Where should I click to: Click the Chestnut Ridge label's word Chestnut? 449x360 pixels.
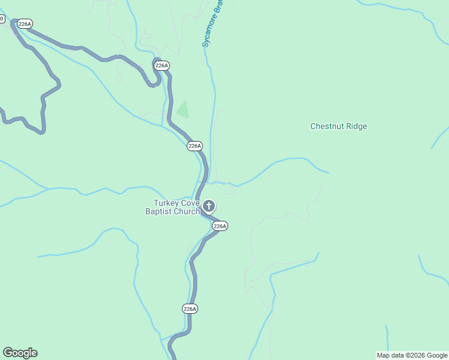[x=328, y=127]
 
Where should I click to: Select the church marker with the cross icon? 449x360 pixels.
[x=208, y=207]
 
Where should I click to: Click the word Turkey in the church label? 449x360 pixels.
[x=165, y=203]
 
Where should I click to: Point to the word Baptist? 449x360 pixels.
[x=160, y=211]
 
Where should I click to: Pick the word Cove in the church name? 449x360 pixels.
[x=188, y=203]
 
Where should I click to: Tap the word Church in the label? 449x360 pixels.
[x=187, y=211]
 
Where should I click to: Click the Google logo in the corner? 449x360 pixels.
[x=20, y=353]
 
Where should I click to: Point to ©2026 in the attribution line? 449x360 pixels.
[x=415, y=356]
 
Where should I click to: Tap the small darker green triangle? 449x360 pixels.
[x=182, y=110]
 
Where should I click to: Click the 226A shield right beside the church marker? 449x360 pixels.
[x=220, y=226]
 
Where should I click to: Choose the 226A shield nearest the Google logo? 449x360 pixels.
[x=190, y=308]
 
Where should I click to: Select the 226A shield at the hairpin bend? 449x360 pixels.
[x=161, y=65]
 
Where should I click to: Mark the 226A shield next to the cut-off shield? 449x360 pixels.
[x=25, y=24]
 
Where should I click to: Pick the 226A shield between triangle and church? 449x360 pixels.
[x=194, y=146]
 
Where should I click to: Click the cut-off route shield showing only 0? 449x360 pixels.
[x=1, y=19]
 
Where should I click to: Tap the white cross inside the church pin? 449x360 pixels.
[x=208, y=206]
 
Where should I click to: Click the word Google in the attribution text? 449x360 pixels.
[x=437, y=356]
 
